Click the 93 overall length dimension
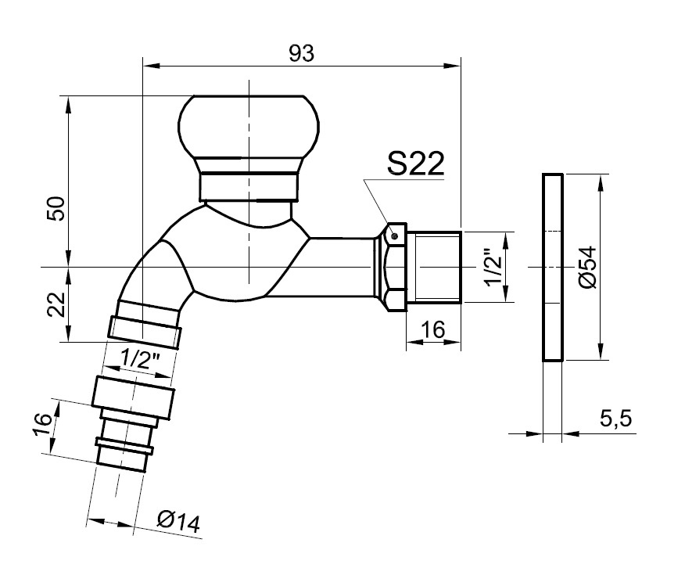(x=302, y=53)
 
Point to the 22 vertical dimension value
(x=55, y=304)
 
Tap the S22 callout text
(x=415, y=164)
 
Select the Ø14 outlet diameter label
(x=178, y=521)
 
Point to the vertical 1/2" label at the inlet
(x=493, y=268)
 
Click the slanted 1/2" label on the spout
(x=142, y=359)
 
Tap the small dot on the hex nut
(x=395, y=235)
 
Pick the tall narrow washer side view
(x=552, y=268)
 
